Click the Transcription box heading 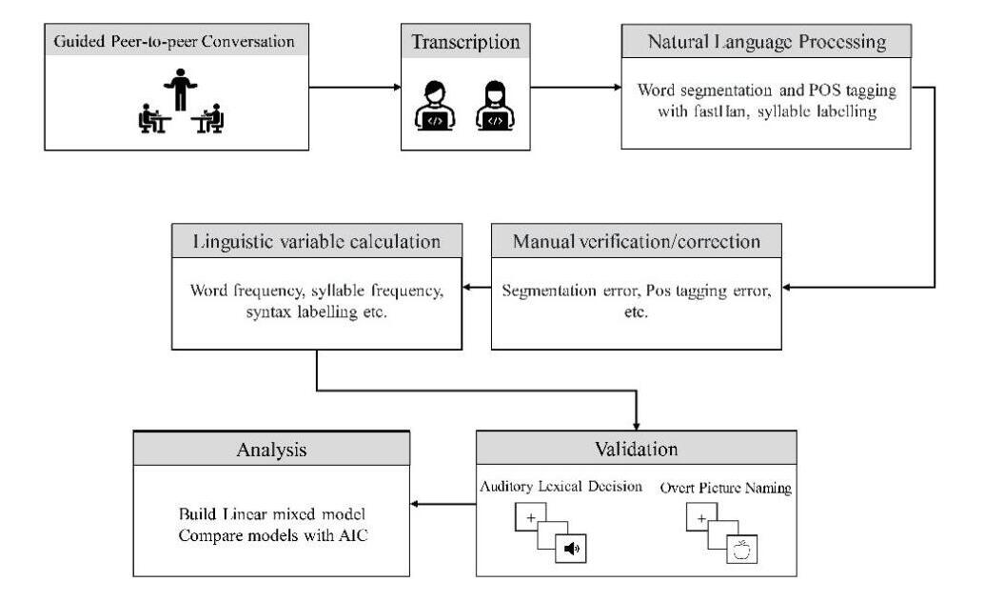tap(464, 42)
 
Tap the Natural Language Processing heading tap(766, 42)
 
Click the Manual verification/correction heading tap(637, 241)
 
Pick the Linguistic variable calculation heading tap(318, 241)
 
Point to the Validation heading tap(636, 447)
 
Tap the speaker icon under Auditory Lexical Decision tap(572, 549)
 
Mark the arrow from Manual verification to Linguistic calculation tap(475, 286)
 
